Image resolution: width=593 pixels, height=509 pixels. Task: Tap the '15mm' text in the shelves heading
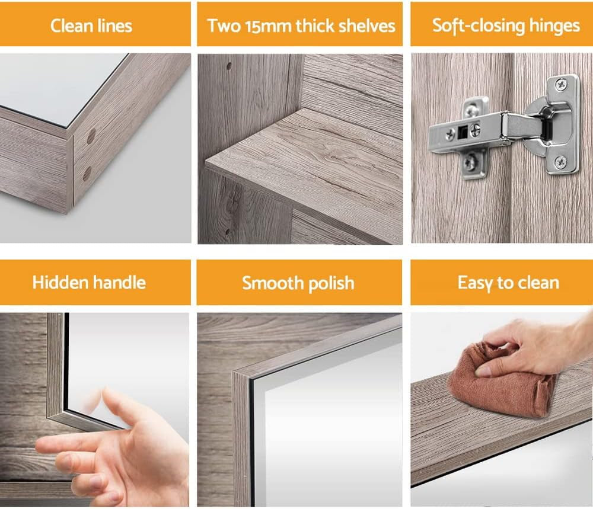(x=262, y=25)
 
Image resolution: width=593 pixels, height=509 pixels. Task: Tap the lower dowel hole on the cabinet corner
(x=87, y=174)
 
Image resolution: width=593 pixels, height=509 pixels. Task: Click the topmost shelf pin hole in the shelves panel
(x=228, y=66)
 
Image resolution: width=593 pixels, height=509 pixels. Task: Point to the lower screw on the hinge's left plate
(x=470, y=160)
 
